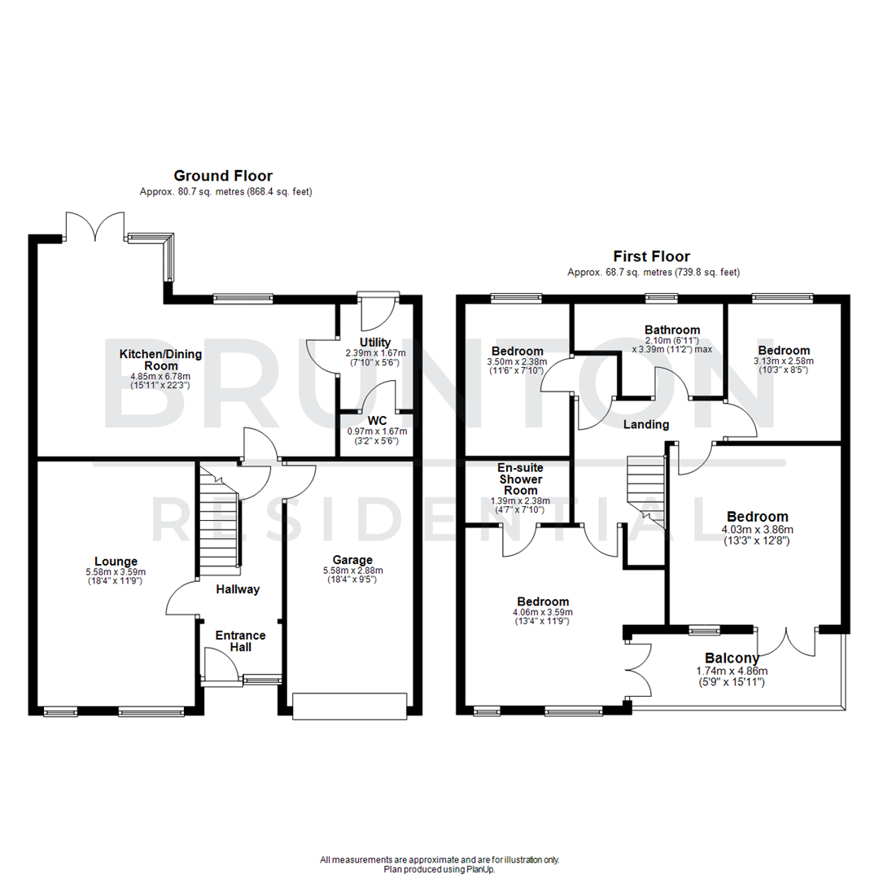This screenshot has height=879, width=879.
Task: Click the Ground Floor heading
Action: click(x=222, y=176)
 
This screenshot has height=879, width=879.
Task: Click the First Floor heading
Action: click(x=653, y=256)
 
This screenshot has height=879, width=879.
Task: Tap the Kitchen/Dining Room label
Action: click(x=160, y=360)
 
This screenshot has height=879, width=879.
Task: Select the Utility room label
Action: click(x=376, y=342)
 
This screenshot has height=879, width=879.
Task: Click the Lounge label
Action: click(x=116, y=561)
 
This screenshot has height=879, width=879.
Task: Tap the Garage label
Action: click(x=352, y=560)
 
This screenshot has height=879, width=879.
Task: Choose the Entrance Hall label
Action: click(x=240, y=641)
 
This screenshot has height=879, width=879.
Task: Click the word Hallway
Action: click(x=238, y=589)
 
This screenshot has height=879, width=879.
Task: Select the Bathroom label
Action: click(x=671, y=330)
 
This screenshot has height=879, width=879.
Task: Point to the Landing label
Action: click(x=646, y=425)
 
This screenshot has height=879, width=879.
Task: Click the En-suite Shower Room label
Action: click(x=520, y=479)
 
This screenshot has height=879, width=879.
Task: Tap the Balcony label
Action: click(x=732, y=658)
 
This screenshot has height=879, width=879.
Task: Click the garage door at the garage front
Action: click(x=349, y=706)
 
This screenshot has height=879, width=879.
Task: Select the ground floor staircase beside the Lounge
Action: click(x=218, y=521)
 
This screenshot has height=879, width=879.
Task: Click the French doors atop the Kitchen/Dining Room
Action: click(x=96, y=226)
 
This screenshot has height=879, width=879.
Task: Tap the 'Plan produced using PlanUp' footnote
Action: click(x=439, y=869)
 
